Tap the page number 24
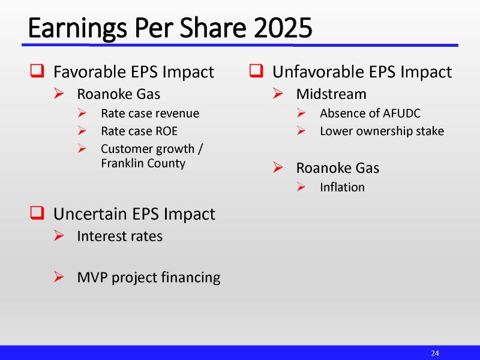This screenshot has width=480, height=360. pyautogui.click(x=435, y=353)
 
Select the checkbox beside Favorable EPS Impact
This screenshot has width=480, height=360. pyautogui.click(x=37, y=72)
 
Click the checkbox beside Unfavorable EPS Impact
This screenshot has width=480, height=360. pyautogui.click(x=256, y=72)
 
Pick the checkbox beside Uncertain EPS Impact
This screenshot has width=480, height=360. pyautogui.click(x=37, y=213)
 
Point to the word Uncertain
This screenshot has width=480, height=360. pyautogui.click(x=86, y=214)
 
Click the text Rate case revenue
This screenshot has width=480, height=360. pyautogui.click(x=150, y=113)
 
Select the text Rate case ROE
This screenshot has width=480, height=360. pyautogui.click(x=139, y=131)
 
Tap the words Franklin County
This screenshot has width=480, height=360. pyautogui.click(x=143, y=163)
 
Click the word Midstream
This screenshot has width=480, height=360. pyautogui.click(x=331, y=94)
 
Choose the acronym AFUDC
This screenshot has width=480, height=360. pyautogui.click(x=401, y=113)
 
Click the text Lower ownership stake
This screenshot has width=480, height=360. pyautogui.click(x=382, y=131)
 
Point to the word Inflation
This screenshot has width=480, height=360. pyautogui.click(x=342, y=187)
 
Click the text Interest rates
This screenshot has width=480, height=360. pyautogui.click(x=119, y=236)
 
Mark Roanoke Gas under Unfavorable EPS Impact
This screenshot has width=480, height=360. pyautogui.click(x=337, y=168)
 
